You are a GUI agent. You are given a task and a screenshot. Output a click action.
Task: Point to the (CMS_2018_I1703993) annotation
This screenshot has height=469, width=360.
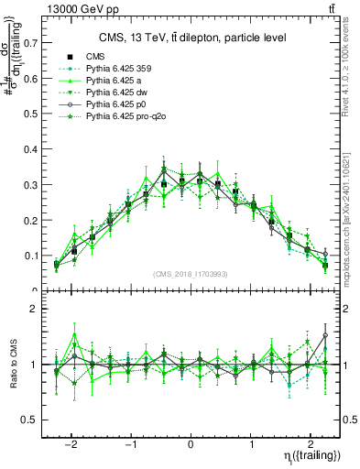click(191, 274)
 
